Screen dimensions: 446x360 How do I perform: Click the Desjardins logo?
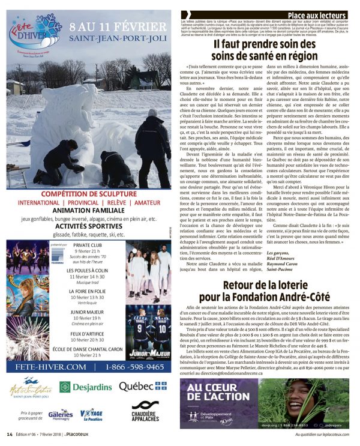pyautogui.click(x=87, y=387)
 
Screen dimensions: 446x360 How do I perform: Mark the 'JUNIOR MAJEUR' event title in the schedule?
pyautogui.click(x=87, y=312)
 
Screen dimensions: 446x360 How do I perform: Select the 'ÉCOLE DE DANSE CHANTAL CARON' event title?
pyautogui.click(x=87, y=349)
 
